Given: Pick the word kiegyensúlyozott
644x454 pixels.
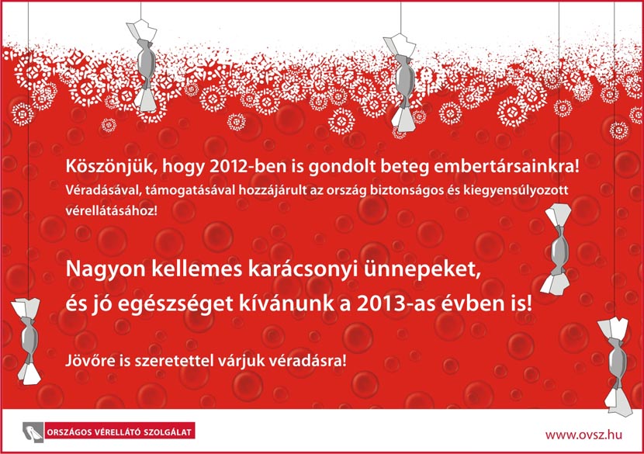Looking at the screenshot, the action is [x=516, y=191].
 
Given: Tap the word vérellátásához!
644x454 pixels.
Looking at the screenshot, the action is [x=111, y=211].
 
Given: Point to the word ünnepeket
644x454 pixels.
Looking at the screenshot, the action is [x=421, y=269].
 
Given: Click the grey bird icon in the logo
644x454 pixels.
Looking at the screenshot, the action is [x=33, y=432].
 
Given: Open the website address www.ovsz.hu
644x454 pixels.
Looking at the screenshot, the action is [x=583, y=435].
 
